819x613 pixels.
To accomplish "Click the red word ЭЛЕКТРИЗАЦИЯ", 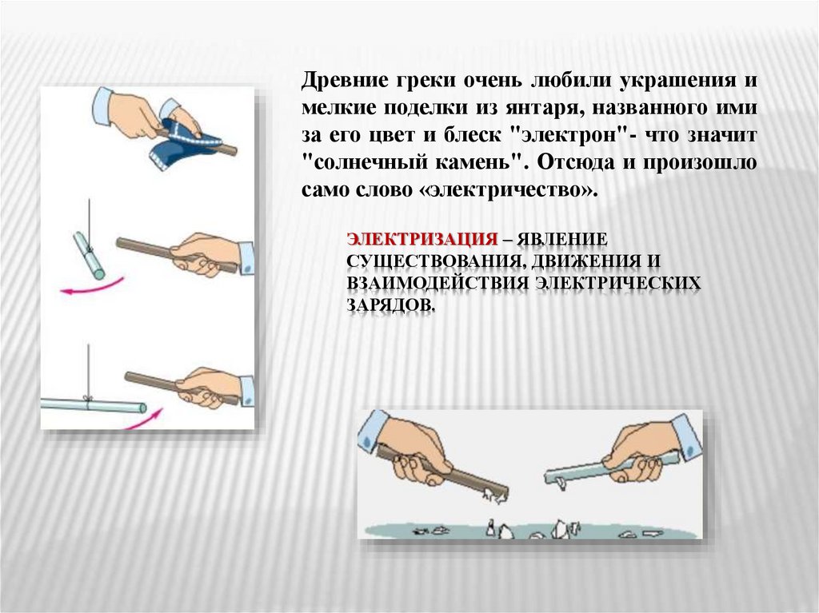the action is click(x=422, y=240).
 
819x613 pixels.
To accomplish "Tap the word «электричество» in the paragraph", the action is click(x=506, y=189).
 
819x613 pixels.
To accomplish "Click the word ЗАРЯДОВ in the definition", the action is click(x=390, y=305).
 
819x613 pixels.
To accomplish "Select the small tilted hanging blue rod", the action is click(x=89, y=255).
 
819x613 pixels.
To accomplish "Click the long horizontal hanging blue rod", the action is click(x=93, y=405).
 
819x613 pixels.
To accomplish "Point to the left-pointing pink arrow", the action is click(x=92, y=287).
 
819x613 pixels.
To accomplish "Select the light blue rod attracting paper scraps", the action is click(x=611, y=466).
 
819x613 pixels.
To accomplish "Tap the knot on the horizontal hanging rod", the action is click(x=88, y=400).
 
